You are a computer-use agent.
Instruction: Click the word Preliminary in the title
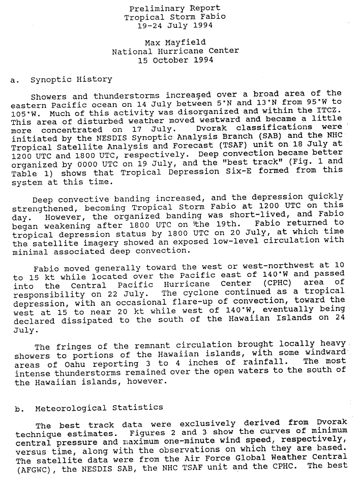tap(152, 9)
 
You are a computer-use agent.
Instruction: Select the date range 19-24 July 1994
tap(175, 25)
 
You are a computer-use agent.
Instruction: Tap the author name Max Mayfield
tap(175, 43)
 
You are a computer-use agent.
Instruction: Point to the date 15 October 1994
tap(175, 60)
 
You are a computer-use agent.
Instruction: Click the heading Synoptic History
tap(71, 79)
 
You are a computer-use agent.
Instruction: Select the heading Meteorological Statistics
tap(99, 408)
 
